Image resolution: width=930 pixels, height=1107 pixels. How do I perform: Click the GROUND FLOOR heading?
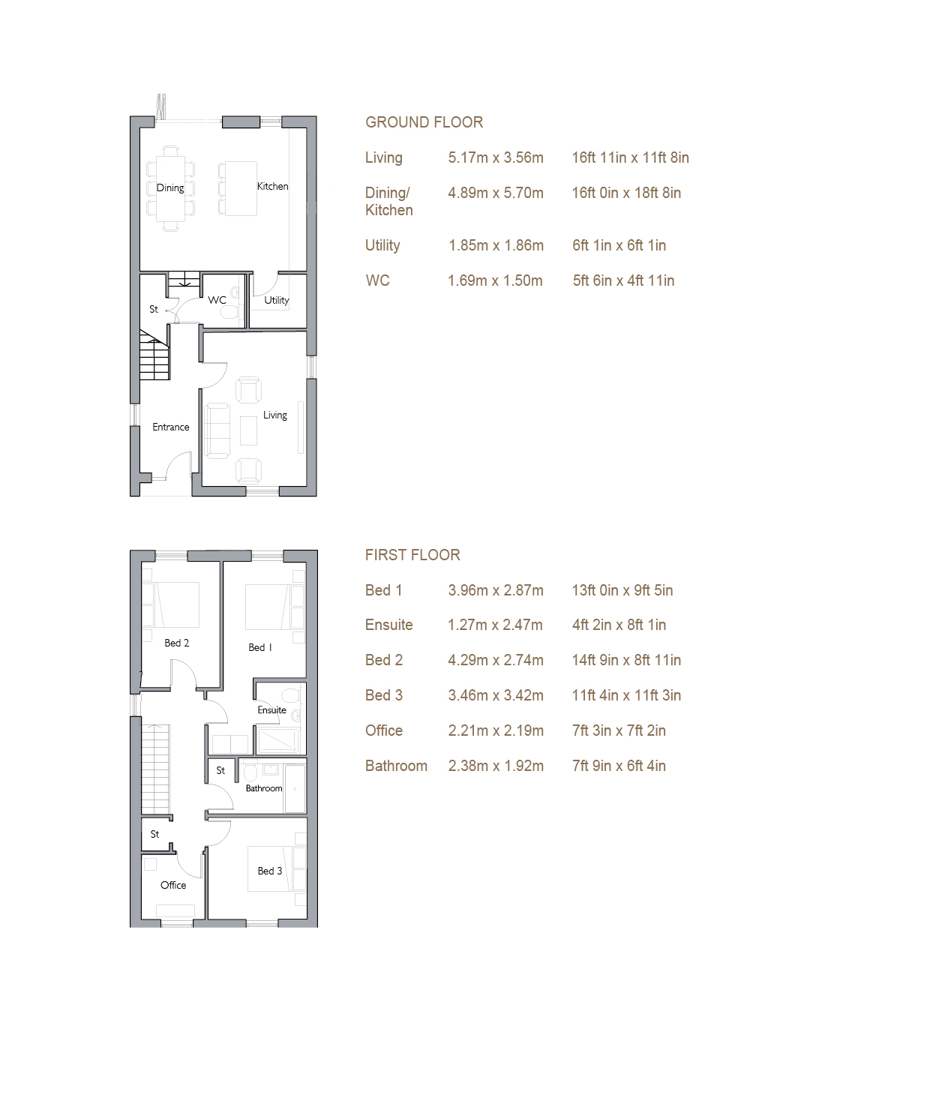click(x=424, y=122)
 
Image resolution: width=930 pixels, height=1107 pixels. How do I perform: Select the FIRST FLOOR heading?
click(x=412, y=555)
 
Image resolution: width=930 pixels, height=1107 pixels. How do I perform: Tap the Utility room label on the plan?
click(x=277, y=301)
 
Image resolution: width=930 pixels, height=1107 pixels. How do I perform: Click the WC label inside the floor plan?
click(x=217, y=300)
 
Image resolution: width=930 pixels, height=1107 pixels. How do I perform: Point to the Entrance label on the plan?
click(x=171, y=427)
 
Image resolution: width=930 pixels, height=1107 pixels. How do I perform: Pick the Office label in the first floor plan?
click(x=173, y=885)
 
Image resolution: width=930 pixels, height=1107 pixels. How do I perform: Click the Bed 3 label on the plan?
click(x=270, y=871)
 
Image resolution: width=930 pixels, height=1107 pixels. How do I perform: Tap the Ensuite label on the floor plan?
click(x=272, y=710)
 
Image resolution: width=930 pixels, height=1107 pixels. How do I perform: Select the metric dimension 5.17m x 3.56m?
click(x=496, y=157)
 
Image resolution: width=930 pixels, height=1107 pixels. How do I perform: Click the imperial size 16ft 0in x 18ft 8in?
click(x=626, y=193)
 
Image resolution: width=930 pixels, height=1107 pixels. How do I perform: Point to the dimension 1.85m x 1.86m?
click(x=496, y=245)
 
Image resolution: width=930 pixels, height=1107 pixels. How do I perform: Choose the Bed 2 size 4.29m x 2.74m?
click(x=496, y=660)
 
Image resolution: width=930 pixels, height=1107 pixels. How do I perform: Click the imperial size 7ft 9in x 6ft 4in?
click(x=619, y=766)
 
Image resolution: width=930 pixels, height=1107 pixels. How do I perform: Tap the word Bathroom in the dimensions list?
click(x=396, y=766)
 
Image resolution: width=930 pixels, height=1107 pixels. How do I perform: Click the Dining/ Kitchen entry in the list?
click(x=389, y=202)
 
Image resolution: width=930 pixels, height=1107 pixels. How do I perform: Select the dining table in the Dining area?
click(x=171, y=189)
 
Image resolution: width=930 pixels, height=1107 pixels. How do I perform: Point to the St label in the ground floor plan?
click(x=154, y=309)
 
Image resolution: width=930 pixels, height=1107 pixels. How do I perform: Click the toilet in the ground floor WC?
click(x=230, y=313)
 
